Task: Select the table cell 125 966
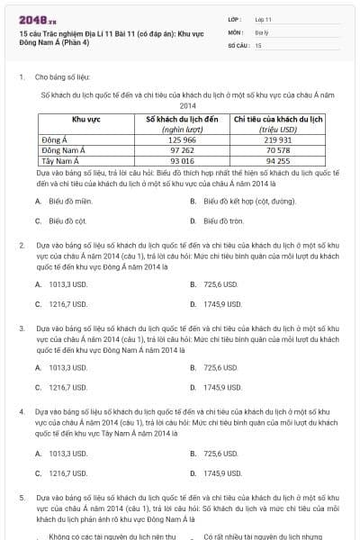(181, 140)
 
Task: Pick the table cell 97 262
(181, 150)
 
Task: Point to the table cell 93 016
(181, 160)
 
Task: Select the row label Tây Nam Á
(59, 160)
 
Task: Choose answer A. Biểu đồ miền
(69, 202)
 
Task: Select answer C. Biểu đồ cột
(67, 220)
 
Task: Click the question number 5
(22, 497)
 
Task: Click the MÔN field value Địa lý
(261, 31)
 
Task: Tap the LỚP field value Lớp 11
(263, 19)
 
